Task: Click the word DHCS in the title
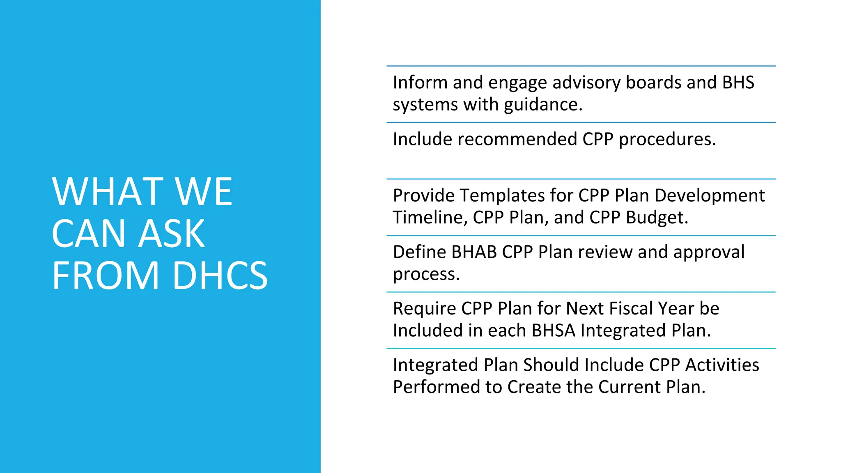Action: pos(220,276)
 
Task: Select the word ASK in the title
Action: pos(172,234)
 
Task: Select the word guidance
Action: pos(543,105)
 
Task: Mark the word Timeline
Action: pos(430,218)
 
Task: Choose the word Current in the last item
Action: pos(629,387)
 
